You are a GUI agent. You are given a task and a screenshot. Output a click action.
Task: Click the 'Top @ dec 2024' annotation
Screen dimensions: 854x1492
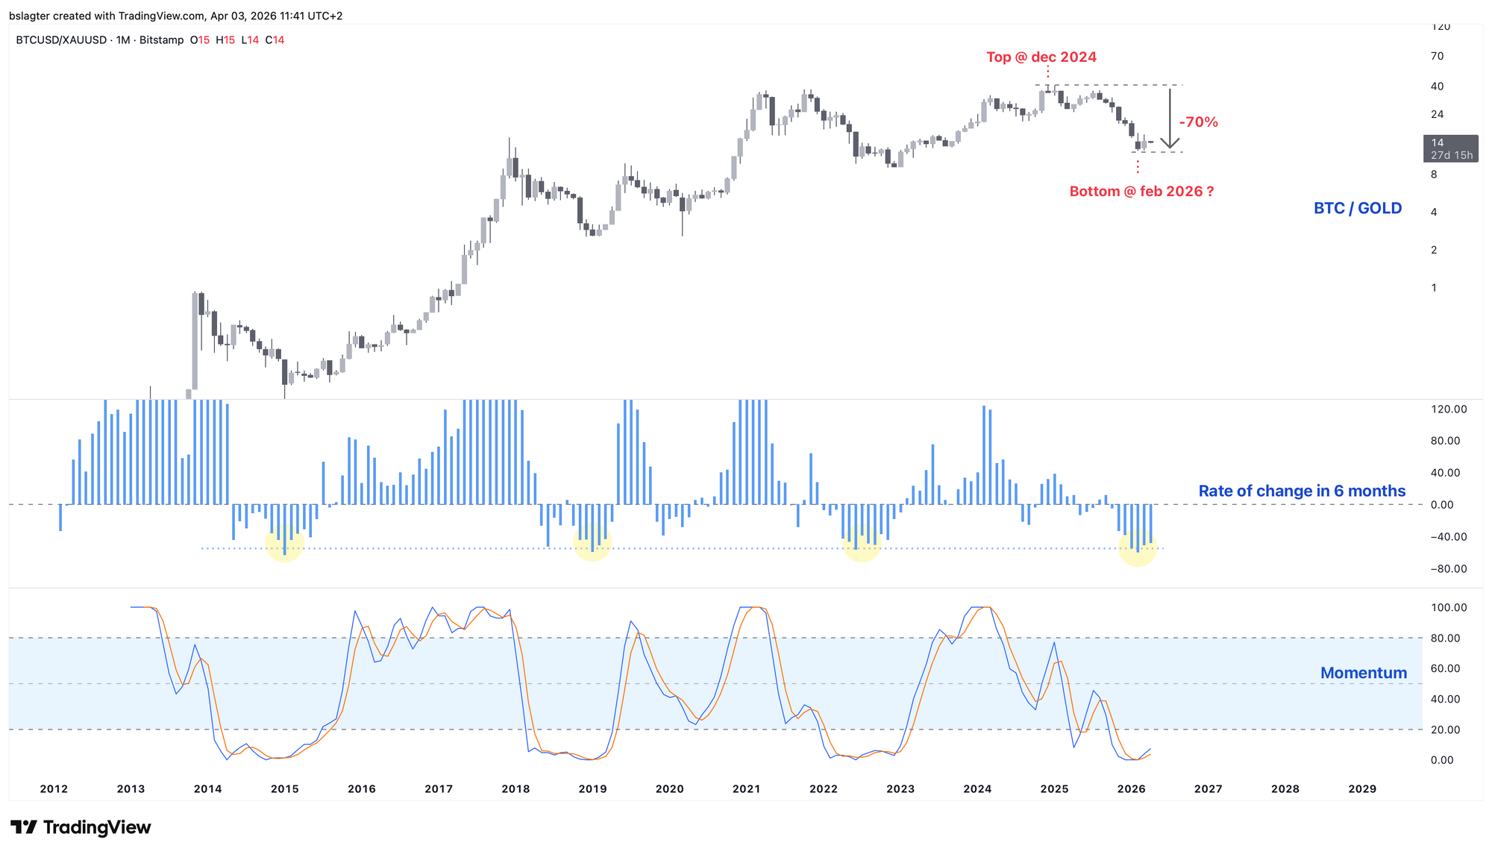point(1041,57)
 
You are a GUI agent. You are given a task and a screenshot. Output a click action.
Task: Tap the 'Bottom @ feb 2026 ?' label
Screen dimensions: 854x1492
point(1141,192)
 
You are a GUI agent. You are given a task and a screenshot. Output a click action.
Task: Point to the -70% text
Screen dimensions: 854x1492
point(1198,122)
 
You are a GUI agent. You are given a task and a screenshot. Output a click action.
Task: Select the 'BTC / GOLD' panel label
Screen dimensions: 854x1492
point(1357,209)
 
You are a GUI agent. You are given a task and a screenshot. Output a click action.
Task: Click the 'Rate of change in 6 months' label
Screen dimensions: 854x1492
point(1301,492)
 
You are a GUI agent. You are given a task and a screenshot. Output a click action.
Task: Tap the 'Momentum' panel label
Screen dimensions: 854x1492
point(1363,674)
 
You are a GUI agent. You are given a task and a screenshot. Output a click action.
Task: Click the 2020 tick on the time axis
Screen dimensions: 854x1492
point(669,789)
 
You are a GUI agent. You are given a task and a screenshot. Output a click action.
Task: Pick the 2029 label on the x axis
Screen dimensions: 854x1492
point(1362,789)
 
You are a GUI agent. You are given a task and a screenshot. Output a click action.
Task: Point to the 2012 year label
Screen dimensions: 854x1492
point(54,789)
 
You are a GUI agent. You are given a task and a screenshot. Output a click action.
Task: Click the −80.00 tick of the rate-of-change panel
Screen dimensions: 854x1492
point(1448,569)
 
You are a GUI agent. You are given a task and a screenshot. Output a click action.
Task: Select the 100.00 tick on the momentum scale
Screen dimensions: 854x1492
point(1448,608)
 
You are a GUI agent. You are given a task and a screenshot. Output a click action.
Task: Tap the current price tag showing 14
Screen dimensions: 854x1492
point(1450,148)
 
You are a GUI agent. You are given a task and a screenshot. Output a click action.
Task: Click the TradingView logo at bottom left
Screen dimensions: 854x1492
point(81,827)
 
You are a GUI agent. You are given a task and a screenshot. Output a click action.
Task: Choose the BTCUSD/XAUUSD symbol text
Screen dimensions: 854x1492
point(61,40)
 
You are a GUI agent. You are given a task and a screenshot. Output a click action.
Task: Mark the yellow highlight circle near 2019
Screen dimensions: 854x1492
point(592,542)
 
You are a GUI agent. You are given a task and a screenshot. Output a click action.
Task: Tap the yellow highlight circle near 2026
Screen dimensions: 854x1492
point(1138,547)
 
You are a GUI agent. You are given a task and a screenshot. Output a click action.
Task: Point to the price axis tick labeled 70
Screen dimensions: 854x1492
point(1438,56)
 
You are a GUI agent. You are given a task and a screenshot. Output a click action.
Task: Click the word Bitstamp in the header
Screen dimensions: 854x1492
point(161,40)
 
